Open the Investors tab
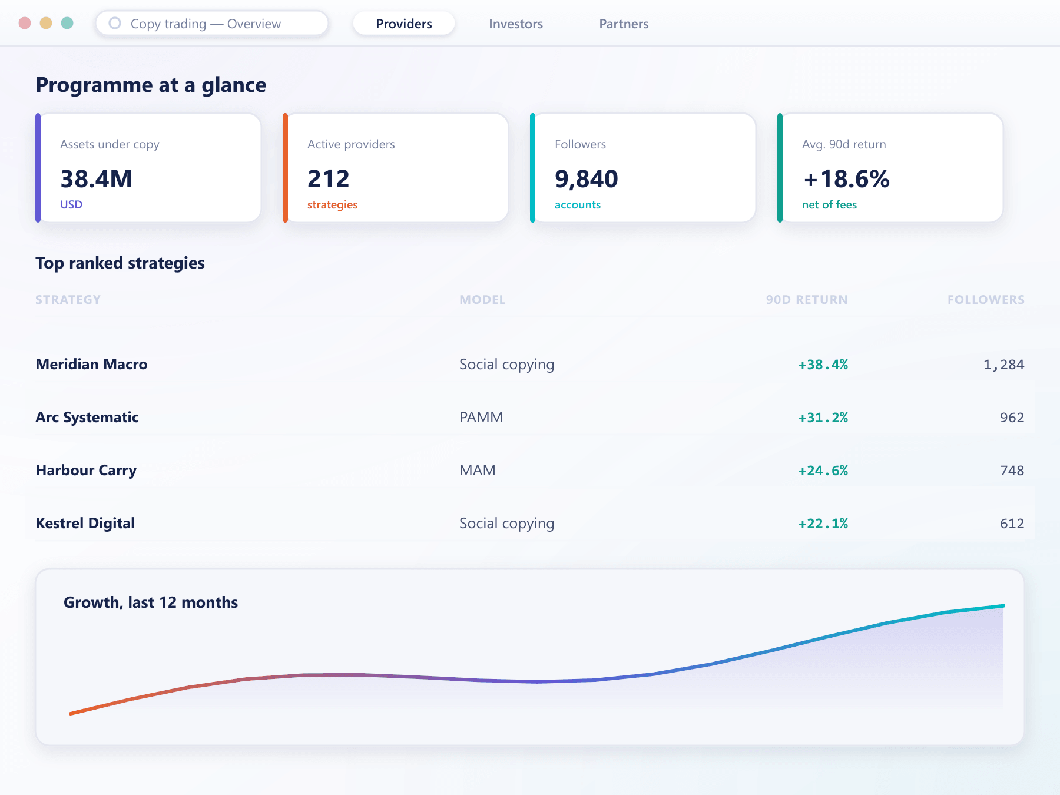(x=516, y=24)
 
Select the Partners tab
(x=624, y=24)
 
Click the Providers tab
(x=404, y=24)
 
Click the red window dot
(x=25, y=23)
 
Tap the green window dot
(x=67, y=23)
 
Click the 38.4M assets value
(x=97, y=179)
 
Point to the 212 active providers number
(x=329, y=179)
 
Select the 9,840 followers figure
(x=587, y=179)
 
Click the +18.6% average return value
(x=846, y=179)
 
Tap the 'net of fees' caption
(x=829, y=204)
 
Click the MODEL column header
(x=482, y=300)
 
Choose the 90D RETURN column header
(x=807, y=300)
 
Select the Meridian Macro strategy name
(x=91, y=364)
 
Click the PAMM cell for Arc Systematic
(x=481, y=417)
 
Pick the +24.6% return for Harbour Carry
(x=823, y=471)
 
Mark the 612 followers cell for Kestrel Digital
(x=1012, y=524)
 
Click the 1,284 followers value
(x=1003, y=365)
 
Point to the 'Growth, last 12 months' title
(x=151, y=602)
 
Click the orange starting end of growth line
(x=71, y=714)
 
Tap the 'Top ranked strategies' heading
(x=120, y=263)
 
